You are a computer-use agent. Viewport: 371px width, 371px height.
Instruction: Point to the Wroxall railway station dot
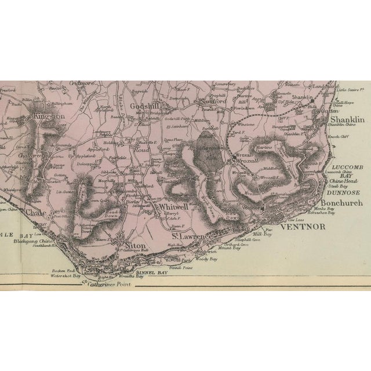point(232,156)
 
